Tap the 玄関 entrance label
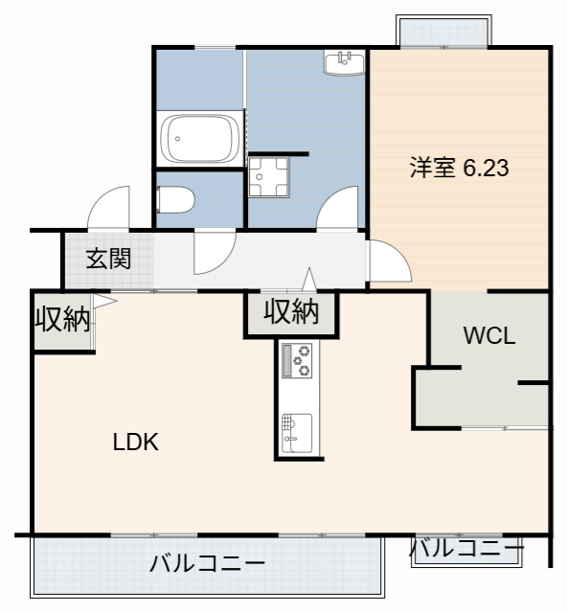point(108,259)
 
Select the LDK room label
point(135,443)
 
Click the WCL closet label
point(489,336)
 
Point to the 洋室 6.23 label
point(459,169)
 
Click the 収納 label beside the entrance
point(62,320)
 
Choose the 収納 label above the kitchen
point(291,312)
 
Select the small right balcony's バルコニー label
point(467,550)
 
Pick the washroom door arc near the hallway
point(338,206)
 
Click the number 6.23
point(486,169)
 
